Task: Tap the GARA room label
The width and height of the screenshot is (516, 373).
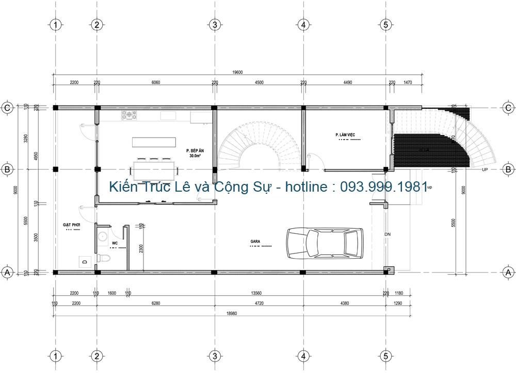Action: pos(255,241)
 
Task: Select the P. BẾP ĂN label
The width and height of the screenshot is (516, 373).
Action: pos(195,150)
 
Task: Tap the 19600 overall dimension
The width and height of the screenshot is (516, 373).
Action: pos(237,73)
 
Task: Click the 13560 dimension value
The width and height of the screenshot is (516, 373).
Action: pos(256,294)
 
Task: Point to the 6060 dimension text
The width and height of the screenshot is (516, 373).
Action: pos(156,82)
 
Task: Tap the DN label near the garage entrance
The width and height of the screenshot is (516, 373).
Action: pos(388,234)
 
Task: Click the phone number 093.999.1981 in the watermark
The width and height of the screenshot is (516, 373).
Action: pos(384,186)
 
